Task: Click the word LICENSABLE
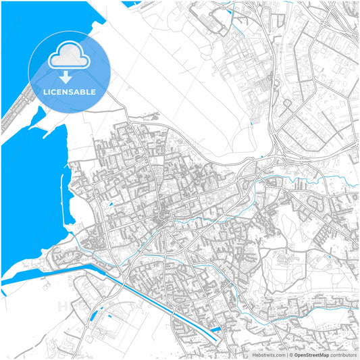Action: (x=69, y=91)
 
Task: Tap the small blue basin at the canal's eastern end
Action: (x=215, y=330)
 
